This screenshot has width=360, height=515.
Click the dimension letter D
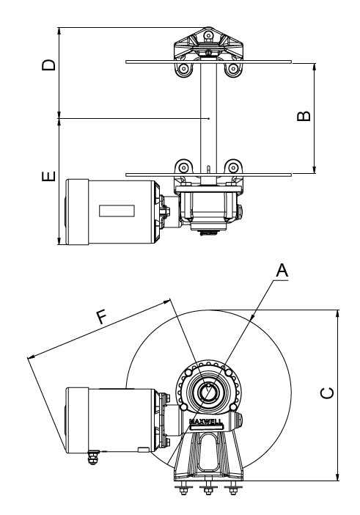pyautogui.click(x=48, y=65)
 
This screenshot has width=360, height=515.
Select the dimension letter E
pyautogui.click(x=48, y=176)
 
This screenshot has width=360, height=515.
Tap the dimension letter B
pyautogui.click(x=304, y=116)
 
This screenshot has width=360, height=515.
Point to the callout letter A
pyautogui.click(x=282, y=271)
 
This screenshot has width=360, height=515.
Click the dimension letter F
pyautogui.click(x=102, y=317)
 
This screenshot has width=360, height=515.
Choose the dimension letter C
pyautogui.click(x=327, y=393)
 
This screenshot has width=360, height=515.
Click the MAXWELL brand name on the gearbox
pyautogui.click(x=206, y=422)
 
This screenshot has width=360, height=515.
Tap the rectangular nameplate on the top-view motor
pyautogui.click(x=117, y=211)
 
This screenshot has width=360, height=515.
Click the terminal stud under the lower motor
pyautogui.click(x=92, y=458)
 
